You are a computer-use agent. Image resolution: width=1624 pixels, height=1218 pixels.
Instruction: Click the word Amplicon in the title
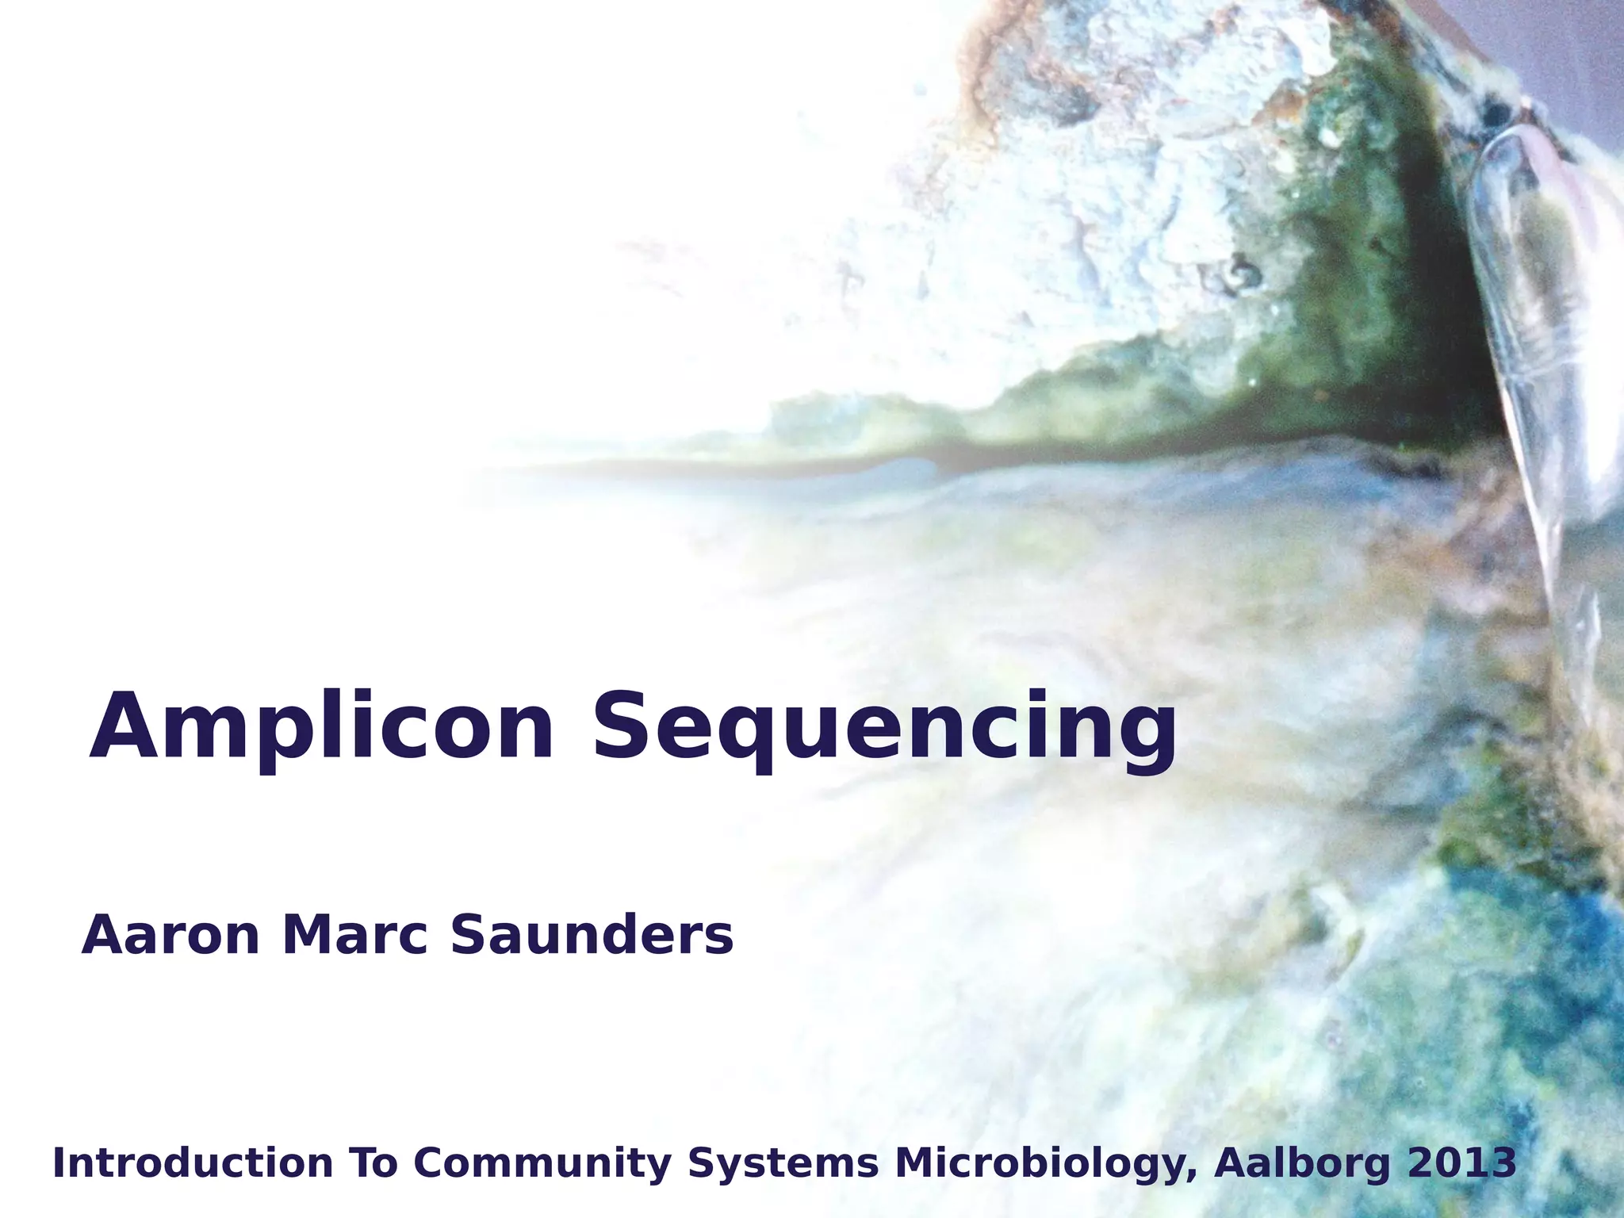click(320, 727)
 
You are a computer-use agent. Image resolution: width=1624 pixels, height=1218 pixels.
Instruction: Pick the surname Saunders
click(592, 936)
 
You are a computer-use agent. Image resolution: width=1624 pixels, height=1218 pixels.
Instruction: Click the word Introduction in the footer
click(193, 1164)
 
